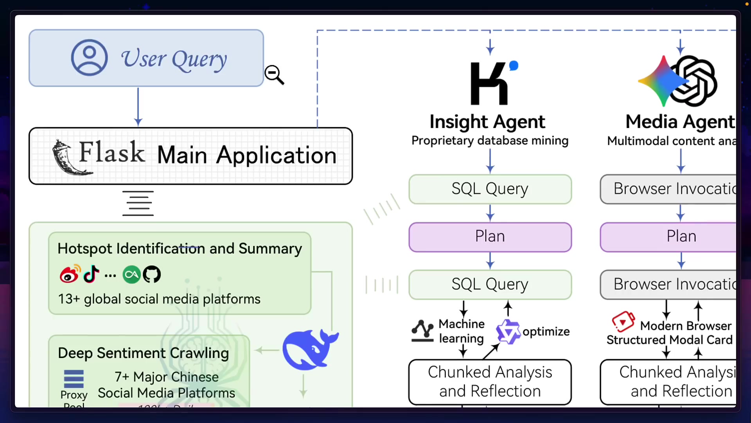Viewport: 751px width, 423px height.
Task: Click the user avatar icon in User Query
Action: point(89,58)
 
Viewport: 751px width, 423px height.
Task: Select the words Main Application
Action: point(247,155)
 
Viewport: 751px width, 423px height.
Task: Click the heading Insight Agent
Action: point(487,122)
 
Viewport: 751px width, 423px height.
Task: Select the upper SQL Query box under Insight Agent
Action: point(490,189)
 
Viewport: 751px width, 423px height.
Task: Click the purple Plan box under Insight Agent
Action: point(490,237)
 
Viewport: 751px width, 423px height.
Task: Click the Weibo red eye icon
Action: point(70,274)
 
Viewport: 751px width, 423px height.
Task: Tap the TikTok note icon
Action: point(91,274)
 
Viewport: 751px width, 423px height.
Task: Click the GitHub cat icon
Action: point(152,275)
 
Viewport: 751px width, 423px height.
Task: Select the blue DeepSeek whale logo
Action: point(309,350)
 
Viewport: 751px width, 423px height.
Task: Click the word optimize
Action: point(546,332)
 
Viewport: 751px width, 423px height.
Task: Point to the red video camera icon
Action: point(623,321)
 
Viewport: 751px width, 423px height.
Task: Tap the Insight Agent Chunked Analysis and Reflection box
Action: point(490,382)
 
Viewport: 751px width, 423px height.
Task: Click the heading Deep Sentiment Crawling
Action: point(143,353)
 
